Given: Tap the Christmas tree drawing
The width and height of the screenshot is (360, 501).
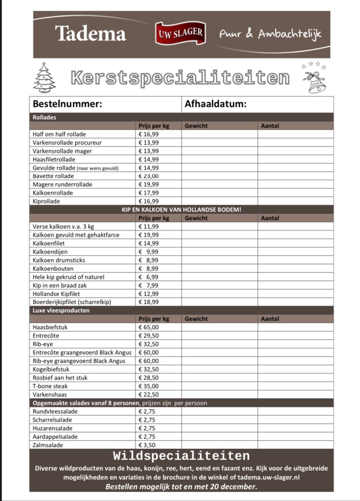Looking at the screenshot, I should click(x=45, y=77).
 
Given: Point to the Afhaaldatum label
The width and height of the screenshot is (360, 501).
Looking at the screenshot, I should click(x=215, y=104).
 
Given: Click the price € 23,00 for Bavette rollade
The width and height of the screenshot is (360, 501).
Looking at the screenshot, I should click(x=149, y=176).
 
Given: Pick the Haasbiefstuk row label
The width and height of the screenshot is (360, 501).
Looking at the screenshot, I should click(x=50, y=328).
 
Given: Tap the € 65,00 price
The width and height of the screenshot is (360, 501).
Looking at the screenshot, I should click(x=149, y=328).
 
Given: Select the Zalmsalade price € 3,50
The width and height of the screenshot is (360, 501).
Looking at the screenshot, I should click(x=148, y=445).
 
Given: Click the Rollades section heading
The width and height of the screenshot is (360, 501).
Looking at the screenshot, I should click(x=45, y=117).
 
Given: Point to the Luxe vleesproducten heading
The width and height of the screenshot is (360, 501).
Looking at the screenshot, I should click(x=61, y=310).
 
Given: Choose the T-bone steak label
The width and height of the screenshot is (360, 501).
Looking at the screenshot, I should click(x=50, y=386).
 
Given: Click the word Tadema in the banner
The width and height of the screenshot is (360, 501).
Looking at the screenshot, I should click(x=90, y=34).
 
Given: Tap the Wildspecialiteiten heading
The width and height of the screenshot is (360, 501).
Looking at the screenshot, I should click(x=181, y=456).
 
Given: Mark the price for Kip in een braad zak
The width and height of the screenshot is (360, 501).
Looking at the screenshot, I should click(x=149, y=285).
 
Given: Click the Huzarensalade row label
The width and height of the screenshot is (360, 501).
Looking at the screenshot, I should click(x=52, y=429).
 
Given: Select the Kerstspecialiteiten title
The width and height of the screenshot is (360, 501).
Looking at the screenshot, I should click(x=180, y=78).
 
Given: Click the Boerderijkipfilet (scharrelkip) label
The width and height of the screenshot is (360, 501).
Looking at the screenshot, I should click(x=72, y=302).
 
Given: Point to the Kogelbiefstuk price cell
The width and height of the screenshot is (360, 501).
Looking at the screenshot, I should click(x=149, y=370).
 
